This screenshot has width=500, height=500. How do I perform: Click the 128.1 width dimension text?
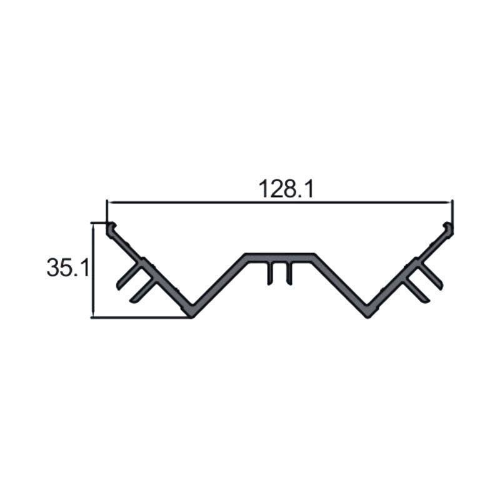point(286,189)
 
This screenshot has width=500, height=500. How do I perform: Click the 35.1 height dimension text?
point(68,267)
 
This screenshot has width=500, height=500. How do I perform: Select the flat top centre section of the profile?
point(279,257)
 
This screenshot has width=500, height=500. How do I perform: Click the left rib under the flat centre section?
point(271,273)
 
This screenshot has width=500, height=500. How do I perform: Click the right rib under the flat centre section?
point(289,273)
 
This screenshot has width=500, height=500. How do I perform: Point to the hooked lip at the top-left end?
point(111,228)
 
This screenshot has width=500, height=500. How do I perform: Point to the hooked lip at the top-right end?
point(448,228)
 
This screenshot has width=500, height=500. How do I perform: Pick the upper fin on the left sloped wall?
point(129,274)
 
